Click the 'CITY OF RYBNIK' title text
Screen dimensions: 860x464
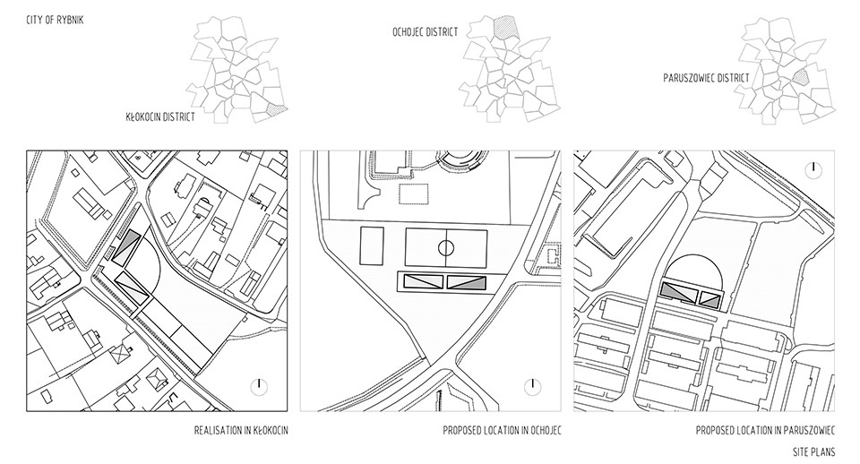(55, 21)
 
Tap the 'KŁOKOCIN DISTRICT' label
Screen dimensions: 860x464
(160, 116)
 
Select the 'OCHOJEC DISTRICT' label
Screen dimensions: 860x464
(425, 32)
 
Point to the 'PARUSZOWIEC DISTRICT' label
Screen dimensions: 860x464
(706, 78)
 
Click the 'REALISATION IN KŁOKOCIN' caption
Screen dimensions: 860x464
(241, 431)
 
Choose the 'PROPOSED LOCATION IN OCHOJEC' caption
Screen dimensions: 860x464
(502, 431)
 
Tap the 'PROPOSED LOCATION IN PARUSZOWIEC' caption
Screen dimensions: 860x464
(765, 431)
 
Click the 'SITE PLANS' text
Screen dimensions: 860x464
(814, 452)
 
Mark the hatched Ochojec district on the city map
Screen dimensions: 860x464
(503, 27)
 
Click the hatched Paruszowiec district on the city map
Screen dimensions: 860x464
(800, 76)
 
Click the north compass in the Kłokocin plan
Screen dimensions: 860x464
(258, 387)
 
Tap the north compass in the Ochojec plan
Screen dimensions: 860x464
(532, 387)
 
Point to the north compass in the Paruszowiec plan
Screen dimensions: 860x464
(813, 169)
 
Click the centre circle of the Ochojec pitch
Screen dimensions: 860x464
(446, 248)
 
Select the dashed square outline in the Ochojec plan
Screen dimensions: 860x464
(414, 194)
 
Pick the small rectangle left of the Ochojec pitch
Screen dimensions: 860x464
(371, 246)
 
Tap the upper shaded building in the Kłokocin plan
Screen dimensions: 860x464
(125, 247)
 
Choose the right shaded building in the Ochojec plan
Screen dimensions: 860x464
(466, 282)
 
